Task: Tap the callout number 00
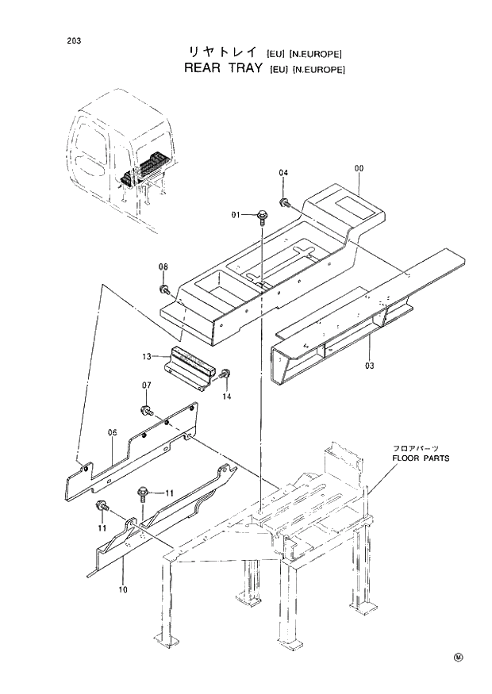pyautogui.click(x=359, y=169)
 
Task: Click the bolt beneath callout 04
pyautogui.click(x=284, y=202)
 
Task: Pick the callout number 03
pyautogui.click(x=370, y=366)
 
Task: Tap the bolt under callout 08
pyautogui.click(x=164, y=289)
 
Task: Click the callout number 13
pyautogui.click(x=147, y=358)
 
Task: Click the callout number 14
pyautogui.click(x=226, y=396)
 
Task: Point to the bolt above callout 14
pyautogui.click(x=225, y=374)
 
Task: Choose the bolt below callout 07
pyautogui.click(x=147, y=410)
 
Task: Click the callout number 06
pyautogui.click(x=112, y=432)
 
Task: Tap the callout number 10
pyautogui.click(x=123, y=589)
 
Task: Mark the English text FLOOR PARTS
pyautogui.click(x=420, y=458)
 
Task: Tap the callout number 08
pyautogui.click(x=163, y=266)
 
